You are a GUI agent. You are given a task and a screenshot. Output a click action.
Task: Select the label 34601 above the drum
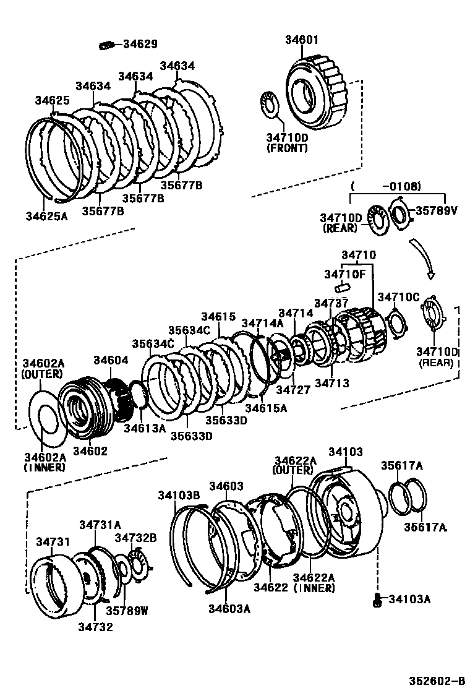(x=302, y=40)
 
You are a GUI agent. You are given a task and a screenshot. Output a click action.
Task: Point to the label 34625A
(x=46, y=217)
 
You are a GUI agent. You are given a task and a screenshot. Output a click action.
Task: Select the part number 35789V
(x=435, y=210)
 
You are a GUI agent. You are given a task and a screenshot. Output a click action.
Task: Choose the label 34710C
(x=399, y=297)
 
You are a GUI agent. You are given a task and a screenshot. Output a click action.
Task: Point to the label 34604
(x=111, y=360)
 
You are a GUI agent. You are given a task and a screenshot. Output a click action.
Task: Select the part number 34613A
(x=144, y=428)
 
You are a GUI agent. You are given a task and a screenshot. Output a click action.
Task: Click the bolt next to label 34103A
(x=377, y=598)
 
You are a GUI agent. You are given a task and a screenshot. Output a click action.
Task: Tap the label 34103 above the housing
(x=345, y=452)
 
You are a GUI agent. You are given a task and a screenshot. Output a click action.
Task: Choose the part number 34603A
(x=229, y=609)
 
